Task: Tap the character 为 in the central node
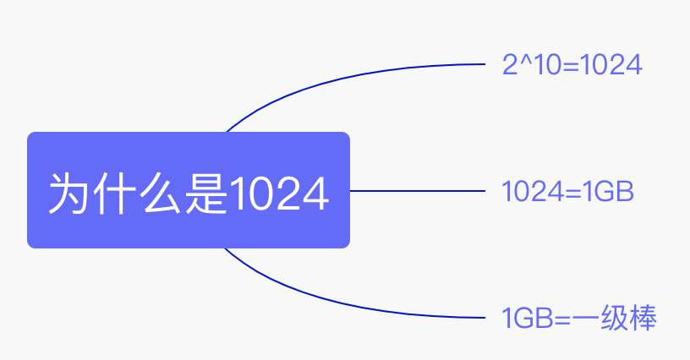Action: [68, 194]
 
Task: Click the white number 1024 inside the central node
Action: [278, 194]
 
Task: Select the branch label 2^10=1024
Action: [572, 64]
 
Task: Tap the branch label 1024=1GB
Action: [567, 192]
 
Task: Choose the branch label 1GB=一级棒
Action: [579, 319]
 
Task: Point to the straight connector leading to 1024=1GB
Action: [419, 191]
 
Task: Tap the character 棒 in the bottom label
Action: [643, 319]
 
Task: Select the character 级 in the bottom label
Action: [612, 319]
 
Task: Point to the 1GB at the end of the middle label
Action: [608, 192]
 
